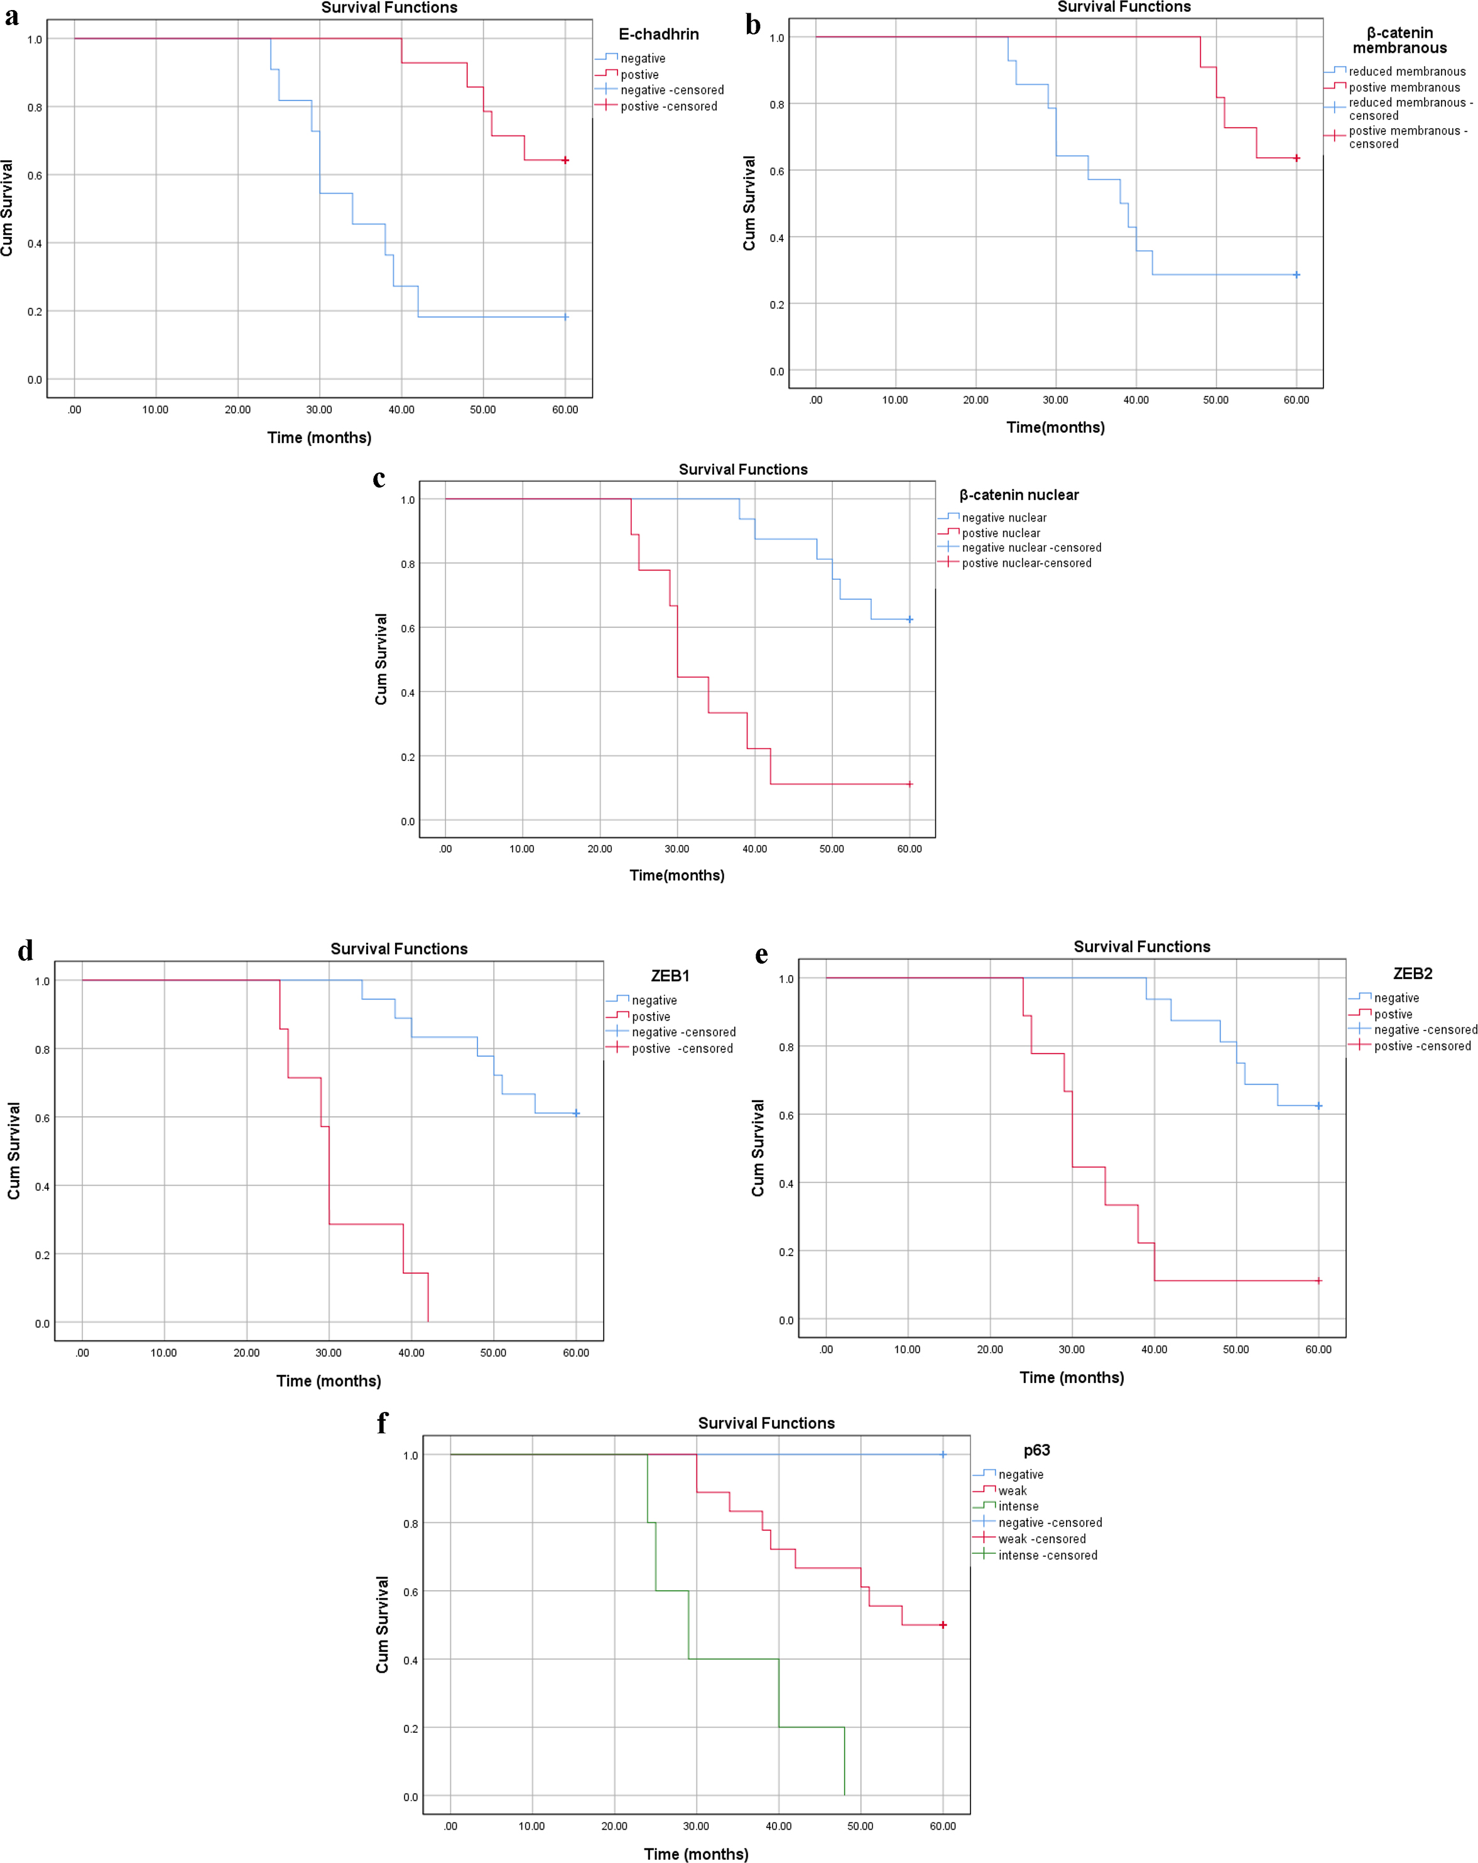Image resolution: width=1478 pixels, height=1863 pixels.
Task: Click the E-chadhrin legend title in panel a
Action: (x=658, y=35)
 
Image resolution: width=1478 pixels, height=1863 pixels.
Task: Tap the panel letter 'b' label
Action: (x=753, y=26)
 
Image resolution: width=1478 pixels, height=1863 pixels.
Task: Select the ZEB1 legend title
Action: (x=670, y=976)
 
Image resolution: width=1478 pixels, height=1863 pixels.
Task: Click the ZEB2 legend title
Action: (x=1412, y=973)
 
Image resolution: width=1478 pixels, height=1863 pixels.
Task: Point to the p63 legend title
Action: (x=1036, y=1450)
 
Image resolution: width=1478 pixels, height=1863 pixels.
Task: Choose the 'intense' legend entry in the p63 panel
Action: (x=1018, y=1506)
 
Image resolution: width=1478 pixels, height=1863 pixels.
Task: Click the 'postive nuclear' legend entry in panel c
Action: (x=1001, y=533)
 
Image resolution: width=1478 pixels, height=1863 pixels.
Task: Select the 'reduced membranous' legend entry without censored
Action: (x=1406, y=72)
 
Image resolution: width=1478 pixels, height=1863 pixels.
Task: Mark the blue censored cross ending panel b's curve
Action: (x=1296, y=275)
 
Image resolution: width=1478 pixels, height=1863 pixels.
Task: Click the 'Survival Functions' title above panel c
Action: (x=743, y=469)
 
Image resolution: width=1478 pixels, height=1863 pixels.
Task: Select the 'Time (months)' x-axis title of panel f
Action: (x=696, y=1854)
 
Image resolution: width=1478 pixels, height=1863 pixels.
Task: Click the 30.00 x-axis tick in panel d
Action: (x=329, y=1352)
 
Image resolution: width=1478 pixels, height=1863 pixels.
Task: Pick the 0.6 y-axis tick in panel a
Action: (x=35, y=175)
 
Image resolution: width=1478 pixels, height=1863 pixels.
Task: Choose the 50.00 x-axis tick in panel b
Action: (x=1215, y=400)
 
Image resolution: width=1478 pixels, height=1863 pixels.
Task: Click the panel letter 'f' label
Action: (x=383, y=1423)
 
